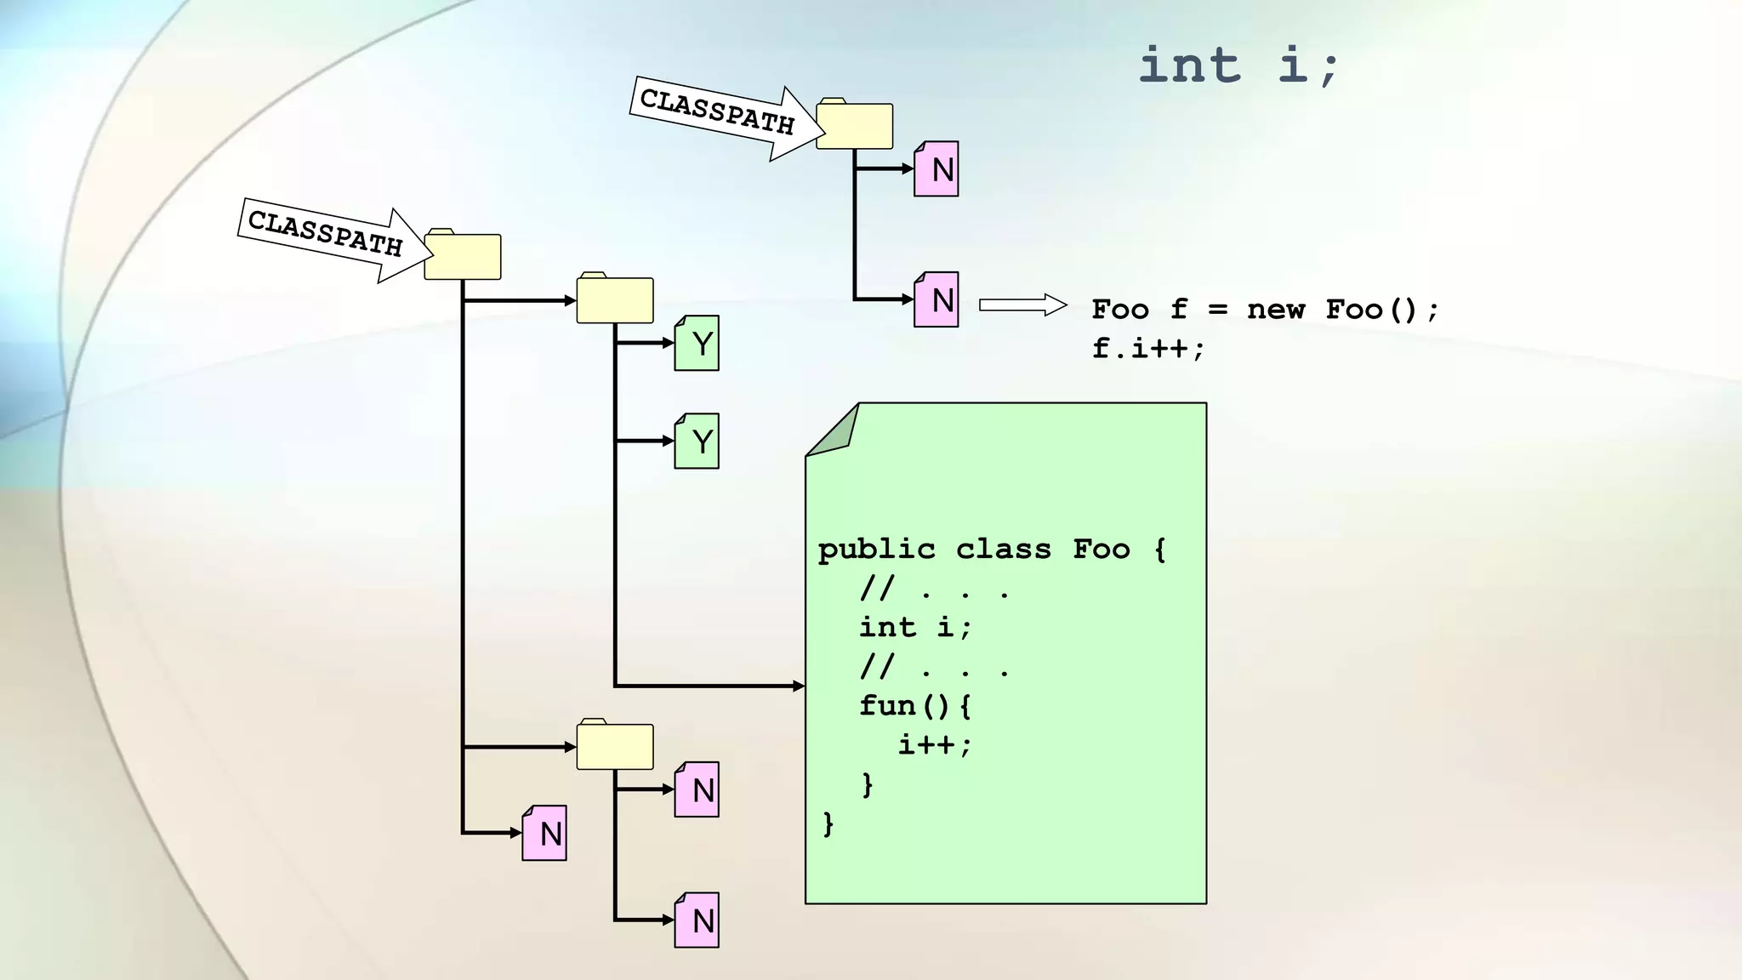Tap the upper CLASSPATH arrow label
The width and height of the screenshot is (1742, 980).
[716, 112]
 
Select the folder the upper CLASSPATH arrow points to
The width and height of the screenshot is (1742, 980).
[854, 125]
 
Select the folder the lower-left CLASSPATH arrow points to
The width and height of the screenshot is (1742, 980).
[462, 255]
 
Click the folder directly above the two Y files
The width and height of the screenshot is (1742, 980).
[614, 299]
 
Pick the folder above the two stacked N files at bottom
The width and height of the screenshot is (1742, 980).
[614, 746]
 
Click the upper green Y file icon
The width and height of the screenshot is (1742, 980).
[697, 344]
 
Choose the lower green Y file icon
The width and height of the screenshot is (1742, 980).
[697, 442]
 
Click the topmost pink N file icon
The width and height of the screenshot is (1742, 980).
[936, 169]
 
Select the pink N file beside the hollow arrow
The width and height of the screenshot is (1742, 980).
[936, 300]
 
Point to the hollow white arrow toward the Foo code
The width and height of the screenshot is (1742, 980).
[1022, 305]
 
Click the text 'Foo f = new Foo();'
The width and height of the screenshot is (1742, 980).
[1265, 310]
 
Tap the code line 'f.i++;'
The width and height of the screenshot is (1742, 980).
[1148, 348]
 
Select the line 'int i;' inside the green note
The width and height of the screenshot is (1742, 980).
[915, 628]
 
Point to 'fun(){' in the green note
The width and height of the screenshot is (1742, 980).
[915, 706]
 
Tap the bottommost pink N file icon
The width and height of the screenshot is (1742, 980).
[697, 920]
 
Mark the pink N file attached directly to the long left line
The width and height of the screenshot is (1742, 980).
[544, 834]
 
